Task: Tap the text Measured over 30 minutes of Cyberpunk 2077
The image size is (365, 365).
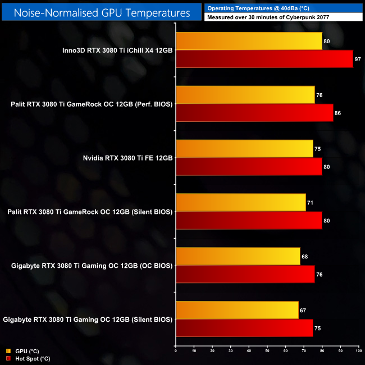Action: (x=268, y=17)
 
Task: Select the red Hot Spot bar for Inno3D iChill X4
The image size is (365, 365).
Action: (x=264, y=59)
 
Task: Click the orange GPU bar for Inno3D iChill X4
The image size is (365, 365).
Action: (x=249, y=41)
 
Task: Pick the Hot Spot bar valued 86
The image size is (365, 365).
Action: (x=254, y=113)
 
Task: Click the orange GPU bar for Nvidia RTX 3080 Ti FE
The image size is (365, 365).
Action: (x=244, y=149)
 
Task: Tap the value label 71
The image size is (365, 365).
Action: (x=311, y=202)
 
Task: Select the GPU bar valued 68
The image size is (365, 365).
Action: (x=238, y=256)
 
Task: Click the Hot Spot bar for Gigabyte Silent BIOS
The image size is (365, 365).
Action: (x=244, y=328)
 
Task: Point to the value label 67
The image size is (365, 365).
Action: (x=304, y=310)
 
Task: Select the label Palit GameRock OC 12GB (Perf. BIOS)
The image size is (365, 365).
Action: (x=92, y=104)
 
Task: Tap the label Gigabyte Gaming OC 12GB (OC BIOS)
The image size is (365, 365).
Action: (x=90, y=265)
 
